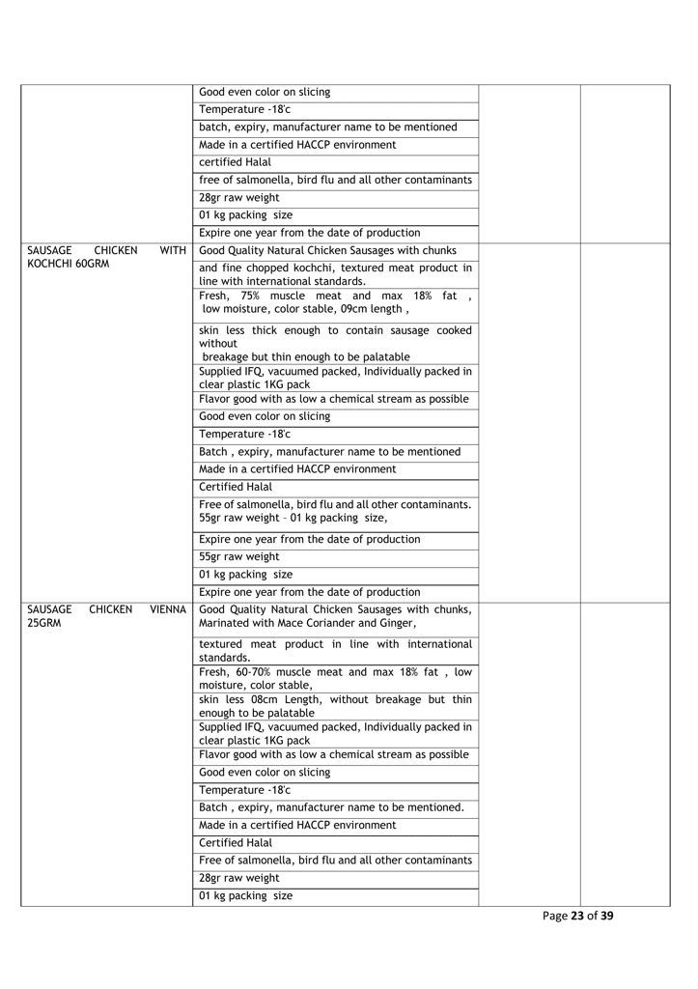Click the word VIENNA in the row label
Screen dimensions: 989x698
pos(168,610)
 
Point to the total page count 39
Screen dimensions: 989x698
pos(605,917)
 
